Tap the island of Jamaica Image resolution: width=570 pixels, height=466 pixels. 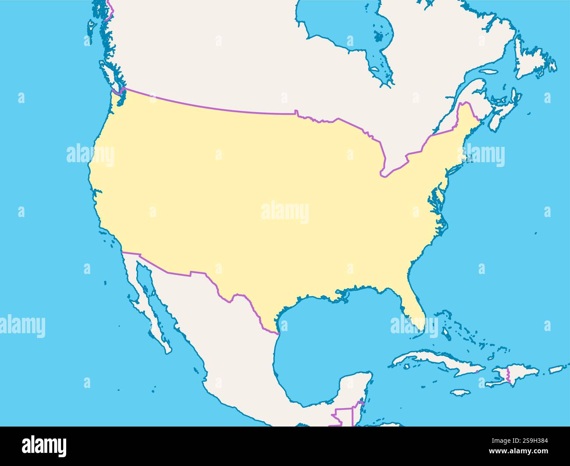tap(460, 392)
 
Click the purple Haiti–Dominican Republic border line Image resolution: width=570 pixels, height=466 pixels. tap(508, 375)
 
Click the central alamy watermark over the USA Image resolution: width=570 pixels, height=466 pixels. tap(285, 212)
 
